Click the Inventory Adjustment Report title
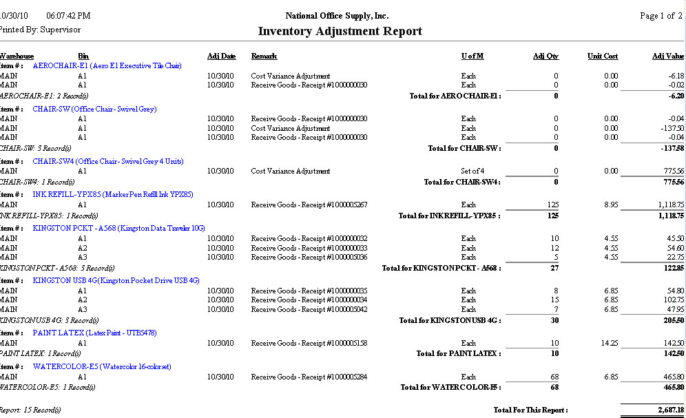(x=340, y=32)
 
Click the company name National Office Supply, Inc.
(x=337, y=16)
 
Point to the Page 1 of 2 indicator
(x=661, y=16)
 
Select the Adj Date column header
(x=221, y=56)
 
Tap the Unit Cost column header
(x=603, y=56)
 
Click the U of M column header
(x=472, y=56)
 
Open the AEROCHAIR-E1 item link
(x=107, y=66)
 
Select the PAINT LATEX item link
(x=94, y=333)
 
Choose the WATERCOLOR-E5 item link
(x=101, y=366)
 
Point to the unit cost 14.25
(x=609, y=342)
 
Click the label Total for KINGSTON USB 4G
(x=450, y=320)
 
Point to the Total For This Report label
(x=530, y=410)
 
